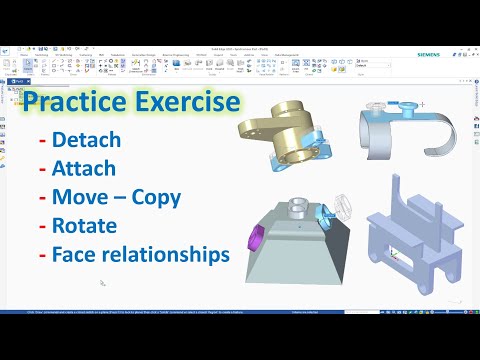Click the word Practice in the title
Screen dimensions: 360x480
point(74,104)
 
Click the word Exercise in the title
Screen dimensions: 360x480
point(183,104)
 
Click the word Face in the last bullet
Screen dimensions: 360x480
point(83,254)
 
